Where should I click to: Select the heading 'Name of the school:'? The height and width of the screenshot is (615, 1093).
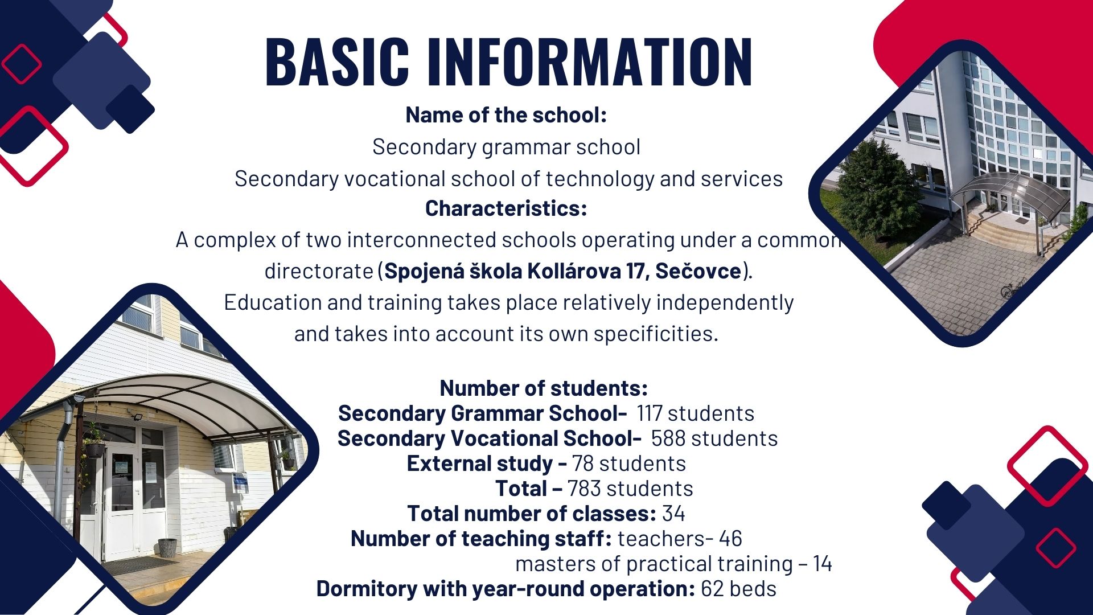coord(506,115)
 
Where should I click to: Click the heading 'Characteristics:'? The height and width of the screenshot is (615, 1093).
coord(506,208)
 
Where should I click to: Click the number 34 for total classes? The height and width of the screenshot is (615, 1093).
coord(673,514)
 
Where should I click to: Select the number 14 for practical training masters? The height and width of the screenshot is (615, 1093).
coord(823,564)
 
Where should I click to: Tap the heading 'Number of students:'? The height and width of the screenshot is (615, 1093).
coord(544,388)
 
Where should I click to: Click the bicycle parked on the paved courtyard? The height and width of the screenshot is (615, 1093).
coord(1014,290)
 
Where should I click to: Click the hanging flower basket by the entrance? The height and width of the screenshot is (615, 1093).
coord(94,447)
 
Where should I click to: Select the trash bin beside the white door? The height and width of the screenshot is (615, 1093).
coord(167,547)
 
